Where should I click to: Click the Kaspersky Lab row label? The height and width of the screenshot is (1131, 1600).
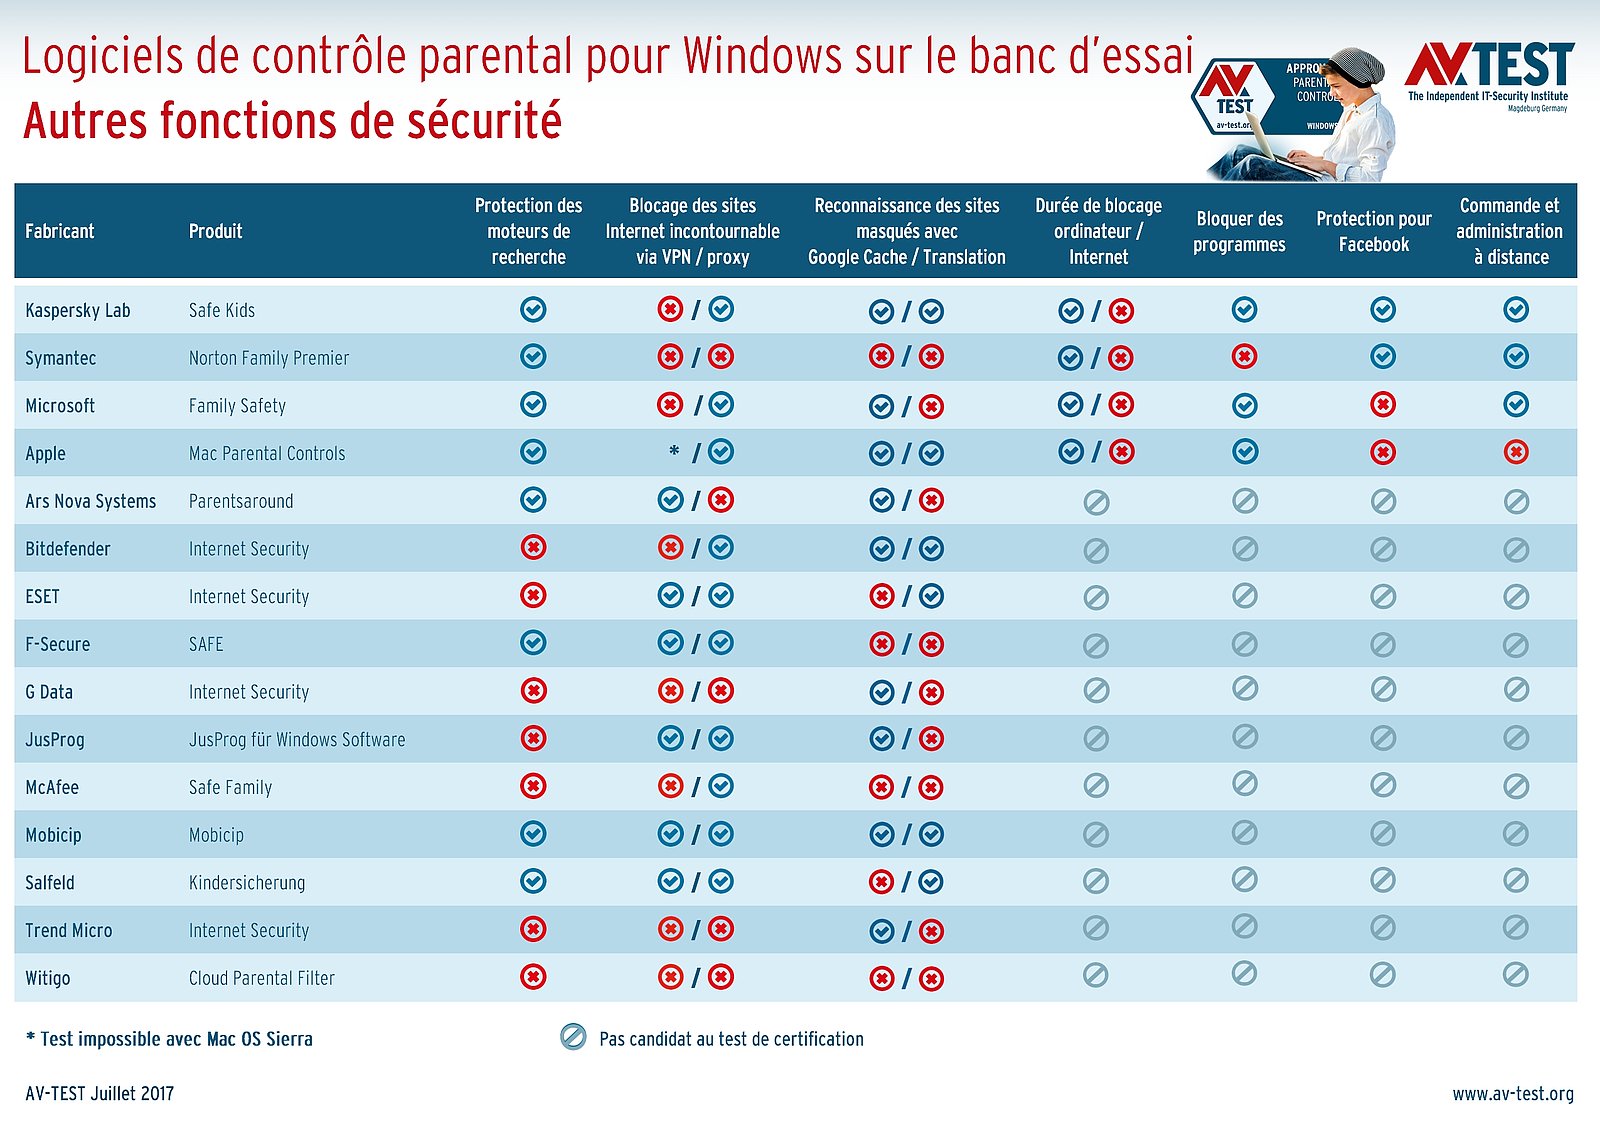click(78, 310)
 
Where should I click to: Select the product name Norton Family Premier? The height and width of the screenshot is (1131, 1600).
click(269, 358)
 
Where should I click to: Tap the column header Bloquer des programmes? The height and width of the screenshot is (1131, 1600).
click(1239, 231)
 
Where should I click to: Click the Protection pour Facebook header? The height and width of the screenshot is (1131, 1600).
click(1374, 231)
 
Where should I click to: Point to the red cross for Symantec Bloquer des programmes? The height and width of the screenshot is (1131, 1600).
click(1244, 357)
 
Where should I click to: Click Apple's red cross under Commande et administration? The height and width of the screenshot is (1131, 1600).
click(1516, 453)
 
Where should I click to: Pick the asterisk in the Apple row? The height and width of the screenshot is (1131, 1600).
click(674, 452)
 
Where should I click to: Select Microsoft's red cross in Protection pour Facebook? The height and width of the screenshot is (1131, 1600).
click(1383, 405)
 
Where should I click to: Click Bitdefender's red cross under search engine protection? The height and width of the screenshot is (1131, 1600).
click(533, 548)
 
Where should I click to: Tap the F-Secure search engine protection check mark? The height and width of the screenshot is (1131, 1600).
click(533, 643)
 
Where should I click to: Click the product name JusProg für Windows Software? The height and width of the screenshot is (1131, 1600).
click(297, 740)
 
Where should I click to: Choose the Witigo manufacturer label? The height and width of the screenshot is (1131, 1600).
click(48, 978)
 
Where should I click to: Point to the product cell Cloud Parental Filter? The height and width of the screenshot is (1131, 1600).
click(262, 978)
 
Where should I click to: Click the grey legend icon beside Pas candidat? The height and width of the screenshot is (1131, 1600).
click(573, 1037)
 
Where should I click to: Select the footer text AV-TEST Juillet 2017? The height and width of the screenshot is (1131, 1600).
click(100, 1093)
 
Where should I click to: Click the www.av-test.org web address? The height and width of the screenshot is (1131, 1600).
click(1512, 1093)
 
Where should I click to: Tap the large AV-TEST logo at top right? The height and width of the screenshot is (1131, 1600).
click(1489, 69)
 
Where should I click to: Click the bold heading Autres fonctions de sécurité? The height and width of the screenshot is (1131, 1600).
click(292, 121)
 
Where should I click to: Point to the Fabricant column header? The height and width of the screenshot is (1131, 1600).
click(60, 231)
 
